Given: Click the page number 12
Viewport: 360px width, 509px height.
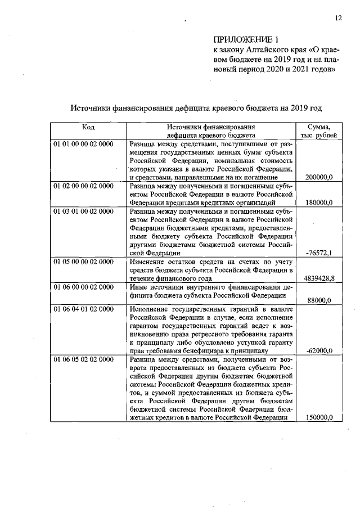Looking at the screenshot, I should (x=338, y=18).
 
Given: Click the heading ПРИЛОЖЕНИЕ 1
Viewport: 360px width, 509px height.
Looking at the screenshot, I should (x=246, y=39).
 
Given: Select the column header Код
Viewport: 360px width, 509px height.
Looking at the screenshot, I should (x=88, y=127).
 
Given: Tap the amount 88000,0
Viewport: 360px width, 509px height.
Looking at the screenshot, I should (x=321, y=300).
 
